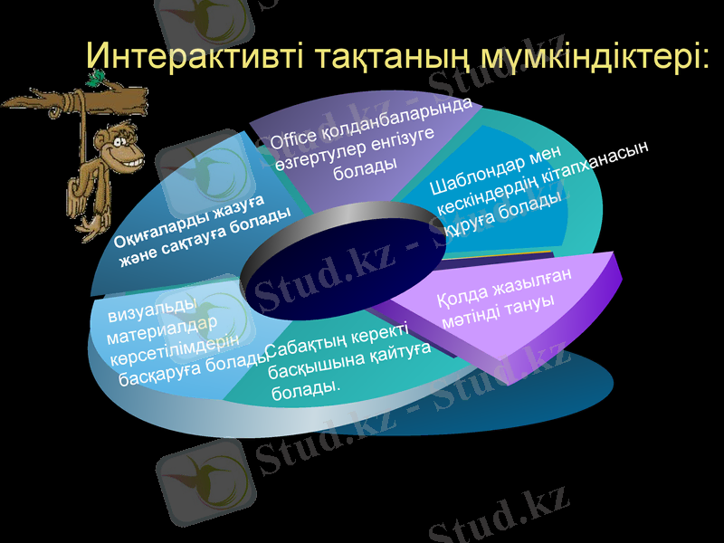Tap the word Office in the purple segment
point(295,139)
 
